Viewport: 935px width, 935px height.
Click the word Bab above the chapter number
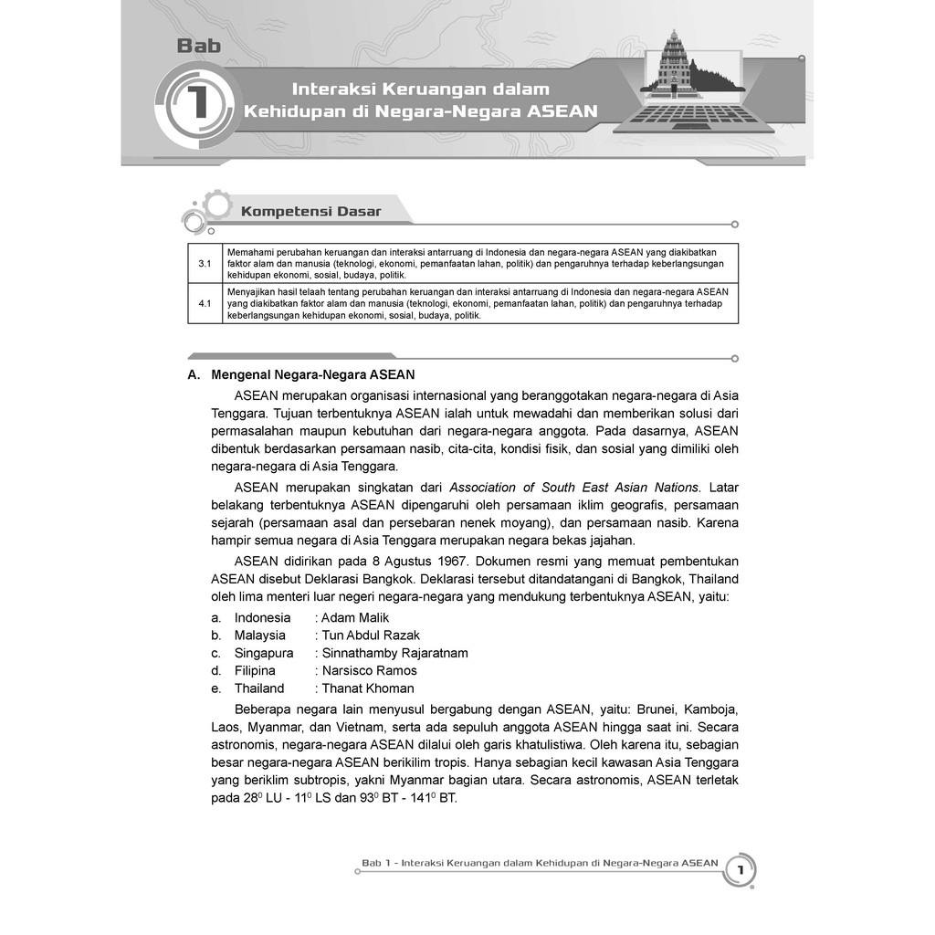pyautogui.click(x=198, y=46)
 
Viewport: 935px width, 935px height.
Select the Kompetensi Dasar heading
pyautogui.click(x=310, y=212)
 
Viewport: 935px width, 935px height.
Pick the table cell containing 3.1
pyautogui.click(x=205, y=263)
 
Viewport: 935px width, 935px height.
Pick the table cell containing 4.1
pyautogui.click(x=205, y=303)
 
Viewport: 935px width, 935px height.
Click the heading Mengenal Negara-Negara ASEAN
pyautogui.click(x=312, y=374)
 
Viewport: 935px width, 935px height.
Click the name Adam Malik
pyautogui.click(x=355, y=617)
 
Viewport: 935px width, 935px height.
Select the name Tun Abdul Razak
pyautogui.click(x=371, y=636)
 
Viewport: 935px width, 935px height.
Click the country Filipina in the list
pyautogui.click(x=255, y=671)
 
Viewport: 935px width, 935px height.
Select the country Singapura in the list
pyautogui.click(x=264, y=653)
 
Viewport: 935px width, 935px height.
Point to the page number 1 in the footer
pyautogui.click(x=741, y=872)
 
